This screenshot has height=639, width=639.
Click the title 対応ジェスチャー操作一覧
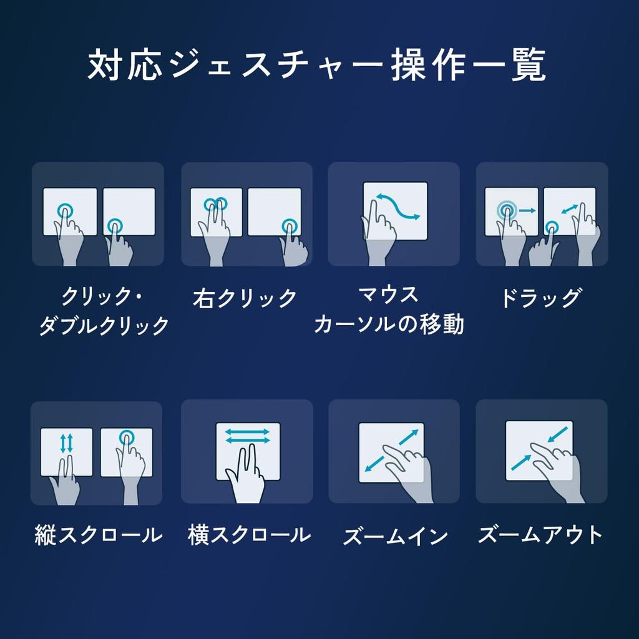(316, 65)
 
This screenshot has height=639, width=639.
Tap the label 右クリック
(245, 298)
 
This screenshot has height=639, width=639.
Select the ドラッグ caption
(541, 298)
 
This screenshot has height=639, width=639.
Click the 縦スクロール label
(98, 535)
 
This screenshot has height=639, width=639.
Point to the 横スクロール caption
(249, 535)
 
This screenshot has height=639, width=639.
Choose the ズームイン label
(395, 535)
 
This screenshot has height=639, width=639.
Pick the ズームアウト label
(540, 535)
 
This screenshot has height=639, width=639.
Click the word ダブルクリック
(104, 325)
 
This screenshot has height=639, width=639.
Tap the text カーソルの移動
(389, 324)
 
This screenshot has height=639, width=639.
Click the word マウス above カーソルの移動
(388, 295)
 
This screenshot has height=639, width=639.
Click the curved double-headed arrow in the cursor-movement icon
(398, 207)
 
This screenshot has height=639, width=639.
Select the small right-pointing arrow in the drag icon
(527, 210)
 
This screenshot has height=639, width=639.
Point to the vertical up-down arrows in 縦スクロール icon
(66, 444)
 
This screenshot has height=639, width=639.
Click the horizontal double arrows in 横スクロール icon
(247, 436)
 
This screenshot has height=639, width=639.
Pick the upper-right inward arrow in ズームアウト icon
(557, 434)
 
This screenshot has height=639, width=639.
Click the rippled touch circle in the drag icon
(507, 211)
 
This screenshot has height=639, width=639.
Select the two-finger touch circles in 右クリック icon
(215, 203)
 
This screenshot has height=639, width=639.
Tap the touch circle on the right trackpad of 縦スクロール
(127, 437)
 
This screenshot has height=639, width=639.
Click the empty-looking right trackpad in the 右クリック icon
(275, 212)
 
